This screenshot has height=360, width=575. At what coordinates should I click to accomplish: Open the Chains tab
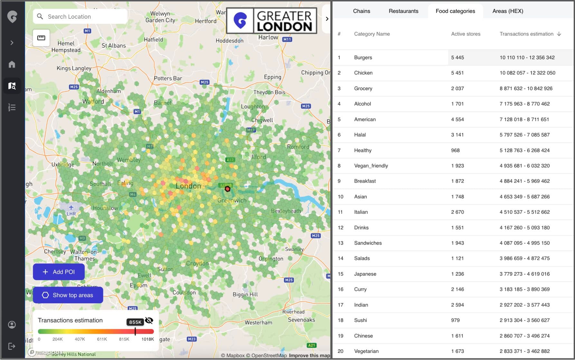(361, 11)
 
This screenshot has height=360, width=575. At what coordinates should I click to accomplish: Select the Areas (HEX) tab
(507, 11)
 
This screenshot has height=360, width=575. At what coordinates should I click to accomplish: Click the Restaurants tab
(403, 11)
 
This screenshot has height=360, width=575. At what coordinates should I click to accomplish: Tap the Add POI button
(59, 272)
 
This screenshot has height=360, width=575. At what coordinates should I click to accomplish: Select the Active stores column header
(465, 34)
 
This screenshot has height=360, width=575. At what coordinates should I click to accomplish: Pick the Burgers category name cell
(363, 57)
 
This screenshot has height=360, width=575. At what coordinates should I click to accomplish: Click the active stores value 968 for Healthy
(455, 150)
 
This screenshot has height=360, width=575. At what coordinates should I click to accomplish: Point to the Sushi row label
(360, 320)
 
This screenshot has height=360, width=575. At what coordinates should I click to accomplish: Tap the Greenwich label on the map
(232, 200)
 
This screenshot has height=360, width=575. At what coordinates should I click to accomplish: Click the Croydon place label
(197, 263)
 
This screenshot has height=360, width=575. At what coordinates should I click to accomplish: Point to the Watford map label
(93, 101)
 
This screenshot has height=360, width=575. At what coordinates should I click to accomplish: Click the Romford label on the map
(298, 147)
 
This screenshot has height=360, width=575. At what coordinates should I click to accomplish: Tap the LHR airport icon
(71, 207)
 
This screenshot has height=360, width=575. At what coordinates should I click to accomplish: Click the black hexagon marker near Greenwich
(227, 189)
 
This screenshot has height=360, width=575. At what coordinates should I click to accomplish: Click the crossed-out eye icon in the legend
(149, 320)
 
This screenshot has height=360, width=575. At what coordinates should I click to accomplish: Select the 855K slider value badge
(135, 322)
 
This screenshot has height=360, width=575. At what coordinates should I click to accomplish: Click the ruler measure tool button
(41, 38)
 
